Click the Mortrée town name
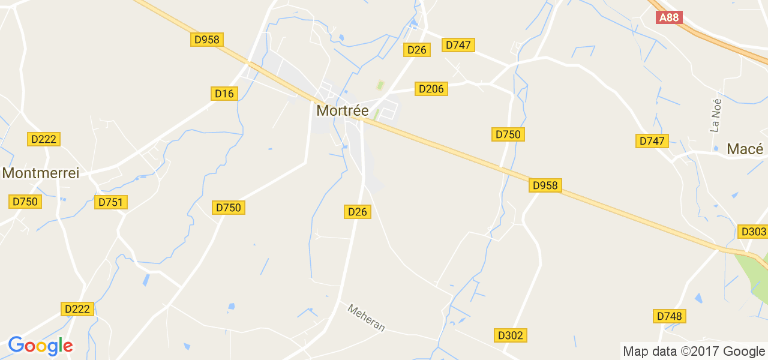[342, 111]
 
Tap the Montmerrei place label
[41, 173]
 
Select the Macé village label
[745, 149]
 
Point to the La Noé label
[715, 115]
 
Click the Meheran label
[366, 317]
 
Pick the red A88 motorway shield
[669, 17]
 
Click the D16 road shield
[225, 93]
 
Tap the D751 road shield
[111, 202]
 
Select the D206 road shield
[431, 89]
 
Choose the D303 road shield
[754, 232]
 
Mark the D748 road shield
[670, 316]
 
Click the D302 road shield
[511, 335]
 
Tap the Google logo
[40, 346]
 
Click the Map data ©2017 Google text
[694, 352]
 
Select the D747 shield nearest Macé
[652, 141]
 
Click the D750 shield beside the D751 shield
[25, 202]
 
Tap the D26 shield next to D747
[416, 50]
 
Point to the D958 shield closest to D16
[207, 40]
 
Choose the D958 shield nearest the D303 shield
[545, 185]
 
